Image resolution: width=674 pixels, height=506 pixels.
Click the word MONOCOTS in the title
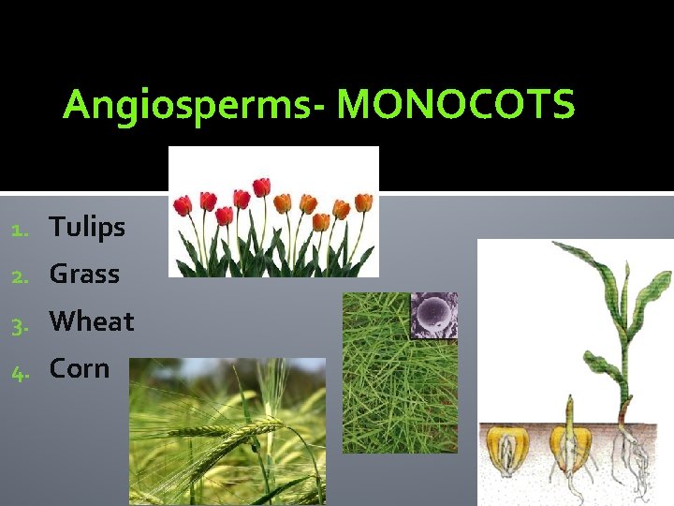point(456,106)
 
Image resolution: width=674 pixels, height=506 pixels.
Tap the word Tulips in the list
point(87,227)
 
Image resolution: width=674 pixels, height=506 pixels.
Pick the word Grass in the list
point(84,274)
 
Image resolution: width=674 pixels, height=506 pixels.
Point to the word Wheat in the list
point(92,321)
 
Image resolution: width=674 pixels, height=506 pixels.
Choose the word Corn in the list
point(80,368)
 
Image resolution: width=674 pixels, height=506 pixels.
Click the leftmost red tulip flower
point(183,204)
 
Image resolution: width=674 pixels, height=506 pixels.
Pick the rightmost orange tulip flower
point(363,201)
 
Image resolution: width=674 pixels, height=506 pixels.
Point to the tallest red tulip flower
point(261,186)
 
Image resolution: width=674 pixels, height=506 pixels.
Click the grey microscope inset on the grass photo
point(434,315)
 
